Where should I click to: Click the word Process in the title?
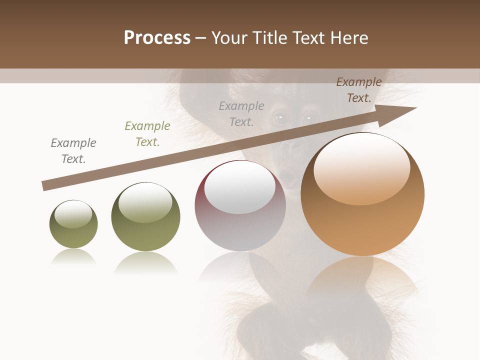[x=157, y=37]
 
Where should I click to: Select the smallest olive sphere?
[x=73, y=224]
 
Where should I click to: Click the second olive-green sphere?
[x=145, y=217]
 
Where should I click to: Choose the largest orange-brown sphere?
[x=362, y=194]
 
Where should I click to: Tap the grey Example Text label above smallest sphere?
[x=73, y=151]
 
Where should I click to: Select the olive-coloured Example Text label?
[x=147, y=134]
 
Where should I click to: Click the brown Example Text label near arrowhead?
[x=359, y=90]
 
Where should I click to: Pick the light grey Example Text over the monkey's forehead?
[x=241, y=113]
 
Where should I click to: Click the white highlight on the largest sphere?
[x=361, y=167]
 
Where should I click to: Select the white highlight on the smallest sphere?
[x=73, y=214]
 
